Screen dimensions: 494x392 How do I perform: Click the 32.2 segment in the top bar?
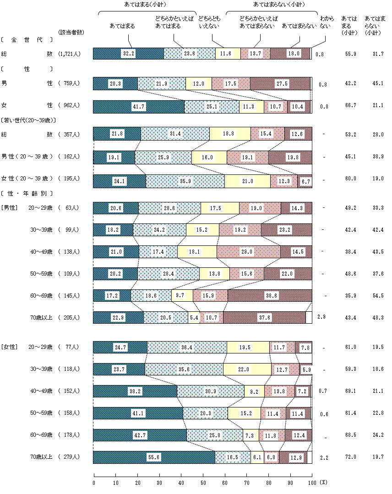pos(128,54)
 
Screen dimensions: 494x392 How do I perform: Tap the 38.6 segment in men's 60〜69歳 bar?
pos(269,296)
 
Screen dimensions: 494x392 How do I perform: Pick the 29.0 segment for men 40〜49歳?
pos(248,252)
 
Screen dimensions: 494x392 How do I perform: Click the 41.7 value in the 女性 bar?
pos(138,107)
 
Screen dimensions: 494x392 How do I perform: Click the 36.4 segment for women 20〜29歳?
pos(187,347)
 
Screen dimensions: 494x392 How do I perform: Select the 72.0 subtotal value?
pos(350,457)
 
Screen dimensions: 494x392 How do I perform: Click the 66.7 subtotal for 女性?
pos(350,107)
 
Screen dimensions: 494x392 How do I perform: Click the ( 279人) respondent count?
pos(70,457)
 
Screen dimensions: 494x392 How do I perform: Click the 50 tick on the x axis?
pos(203,482)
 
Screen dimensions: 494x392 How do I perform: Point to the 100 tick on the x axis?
pos(311,482)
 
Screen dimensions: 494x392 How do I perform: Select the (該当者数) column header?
pos(71,32)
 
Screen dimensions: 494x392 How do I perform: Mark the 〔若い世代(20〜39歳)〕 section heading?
pos(28,120)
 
